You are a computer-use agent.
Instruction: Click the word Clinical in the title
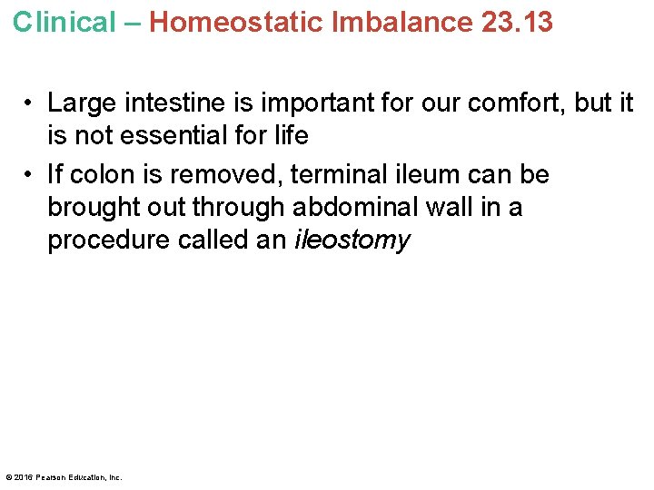click(x=64, y=22)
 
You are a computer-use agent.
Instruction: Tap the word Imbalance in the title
click(x=403, y=22)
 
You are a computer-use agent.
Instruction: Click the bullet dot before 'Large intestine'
click(x=30, y=103)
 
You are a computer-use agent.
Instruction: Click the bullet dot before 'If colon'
click(x=30, y=174)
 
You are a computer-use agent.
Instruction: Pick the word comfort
click(x=512, y=103)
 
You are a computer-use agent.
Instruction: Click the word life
click(x=290, y=136)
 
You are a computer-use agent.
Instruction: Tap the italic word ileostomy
click(x=352, y=240)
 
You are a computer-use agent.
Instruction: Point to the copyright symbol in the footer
click(x=9, y=477)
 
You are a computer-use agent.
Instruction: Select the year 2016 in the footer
click(x=24, y=477)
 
